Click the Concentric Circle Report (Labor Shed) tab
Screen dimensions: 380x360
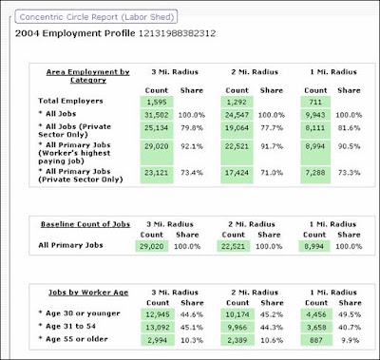(x=96, y=17)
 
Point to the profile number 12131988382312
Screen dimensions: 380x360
(x=178, y=33)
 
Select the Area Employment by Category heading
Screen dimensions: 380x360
(x=88, y=76)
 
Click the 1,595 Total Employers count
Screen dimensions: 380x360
(x=157, y=102)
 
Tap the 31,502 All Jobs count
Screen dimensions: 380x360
(x=157, y=115)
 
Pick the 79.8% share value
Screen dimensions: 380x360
(x=192, y=128)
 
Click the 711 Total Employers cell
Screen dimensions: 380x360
(x=315, y=102)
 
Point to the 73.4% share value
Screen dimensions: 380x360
(x=192, y=173)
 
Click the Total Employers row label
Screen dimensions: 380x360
(x=70, y=101)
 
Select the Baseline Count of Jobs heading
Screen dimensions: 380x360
(x=85, y=224)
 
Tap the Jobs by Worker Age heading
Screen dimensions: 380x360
(x=88, y=293)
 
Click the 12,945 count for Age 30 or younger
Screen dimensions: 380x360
(x=158, y=314)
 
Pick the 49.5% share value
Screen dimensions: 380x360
(x=350, y=314)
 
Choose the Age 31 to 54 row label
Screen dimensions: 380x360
(x=67, y=326)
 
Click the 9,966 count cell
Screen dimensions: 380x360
(x=237, y=328)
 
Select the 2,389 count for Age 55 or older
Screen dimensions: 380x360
(x=237, y=340)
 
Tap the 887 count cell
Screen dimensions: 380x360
(x=316, y=340)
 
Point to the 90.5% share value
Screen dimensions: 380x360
(x=349, y=146)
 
